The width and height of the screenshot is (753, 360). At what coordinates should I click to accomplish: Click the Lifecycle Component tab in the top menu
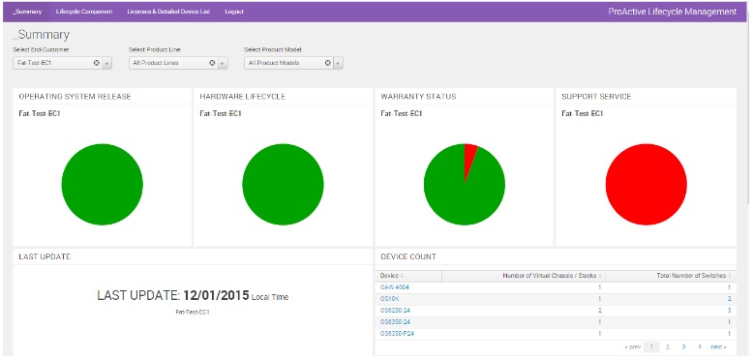[x=84, y=12]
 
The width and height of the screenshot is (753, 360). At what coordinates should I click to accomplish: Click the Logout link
[x=233, y=12]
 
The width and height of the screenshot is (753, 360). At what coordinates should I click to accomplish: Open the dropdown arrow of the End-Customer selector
[x=106, y=63]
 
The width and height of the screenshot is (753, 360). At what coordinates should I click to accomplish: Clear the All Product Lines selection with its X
[x=212, y=63]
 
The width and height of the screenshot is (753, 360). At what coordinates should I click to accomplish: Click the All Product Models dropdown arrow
[x=338, y=63]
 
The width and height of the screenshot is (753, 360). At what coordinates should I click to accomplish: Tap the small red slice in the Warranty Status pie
[x=470, y=155]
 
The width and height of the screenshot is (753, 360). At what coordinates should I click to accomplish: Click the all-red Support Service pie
[x=646, y=184]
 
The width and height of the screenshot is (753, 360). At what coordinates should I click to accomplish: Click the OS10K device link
[x=389, y=298]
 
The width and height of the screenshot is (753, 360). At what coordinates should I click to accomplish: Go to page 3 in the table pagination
[x=683, y=346]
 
